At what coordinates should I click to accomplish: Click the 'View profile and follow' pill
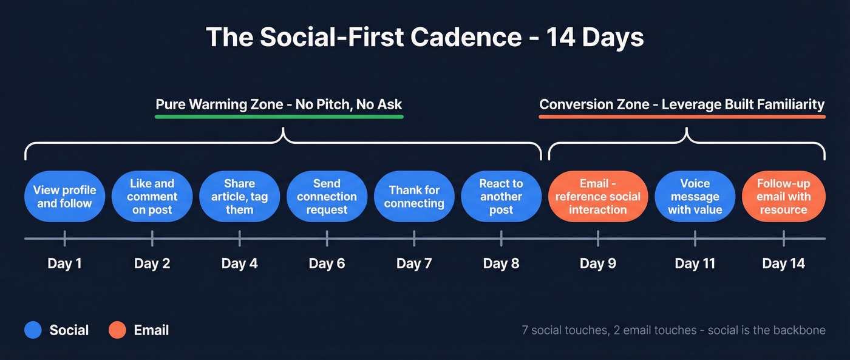pos(64,197)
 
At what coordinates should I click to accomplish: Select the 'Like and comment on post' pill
pos(152,197)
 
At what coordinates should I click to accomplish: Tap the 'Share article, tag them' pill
pos(239,197)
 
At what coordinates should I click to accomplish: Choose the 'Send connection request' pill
pos(327,197)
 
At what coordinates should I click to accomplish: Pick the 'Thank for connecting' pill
pos(414,197)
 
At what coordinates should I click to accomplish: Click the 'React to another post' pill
pos(501,197)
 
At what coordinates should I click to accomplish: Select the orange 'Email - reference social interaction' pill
pos(598,197)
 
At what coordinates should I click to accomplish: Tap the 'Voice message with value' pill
pos(695,197)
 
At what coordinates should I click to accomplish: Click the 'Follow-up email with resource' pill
pos(783,197)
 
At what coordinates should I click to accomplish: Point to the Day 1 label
pos(64,263)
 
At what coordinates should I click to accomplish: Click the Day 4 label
pos(239,263)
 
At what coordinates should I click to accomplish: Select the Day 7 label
pos(414,263)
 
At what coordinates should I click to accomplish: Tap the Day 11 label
pos(695,263)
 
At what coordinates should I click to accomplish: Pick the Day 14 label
pos(783,263)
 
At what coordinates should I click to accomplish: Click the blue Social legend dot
pos(33,330)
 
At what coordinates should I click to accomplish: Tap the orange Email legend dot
pos(117,330)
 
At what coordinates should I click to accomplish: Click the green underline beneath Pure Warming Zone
pos(279,117)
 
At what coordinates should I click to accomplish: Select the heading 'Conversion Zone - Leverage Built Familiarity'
pos(682,104)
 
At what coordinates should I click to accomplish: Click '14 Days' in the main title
pos(595,38)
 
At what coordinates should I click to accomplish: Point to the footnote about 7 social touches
pos(673,330)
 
